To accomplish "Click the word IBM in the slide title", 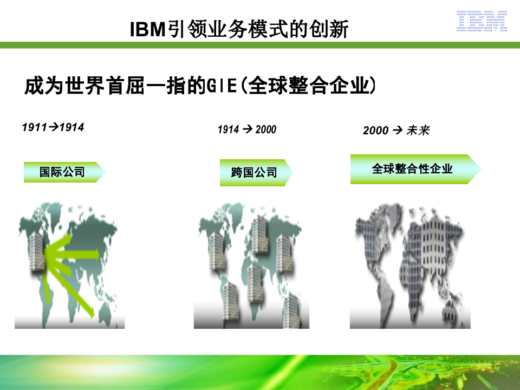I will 147,29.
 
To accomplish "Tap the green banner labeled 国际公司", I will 63,172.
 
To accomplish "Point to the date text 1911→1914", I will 53,128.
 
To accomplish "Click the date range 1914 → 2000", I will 247,129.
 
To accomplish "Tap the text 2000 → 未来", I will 396,131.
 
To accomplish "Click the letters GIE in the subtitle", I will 223,86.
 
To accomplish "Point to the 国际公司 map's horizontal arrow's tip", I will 97,253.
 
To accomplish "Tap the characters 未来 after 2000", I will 418,131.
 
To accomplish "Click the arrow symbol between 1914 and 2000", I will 248,129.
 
